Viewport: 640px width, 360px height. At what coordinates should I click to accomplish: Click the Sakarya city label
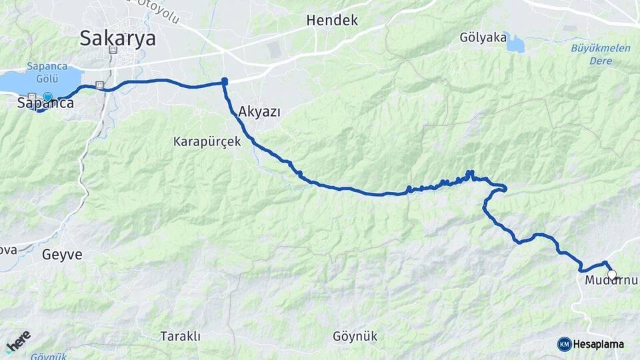point(118,38)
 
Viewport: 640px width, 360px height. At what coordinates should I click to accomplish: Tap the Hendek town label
point(332,21)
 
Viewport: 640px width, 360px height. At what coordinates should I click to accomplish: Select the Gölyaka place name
point(483,37)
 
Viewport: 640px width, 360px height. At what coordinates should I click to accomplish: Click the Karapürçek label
point(207,141)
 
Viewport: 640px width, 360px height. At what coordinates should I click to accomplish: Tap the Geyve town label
point(62,254)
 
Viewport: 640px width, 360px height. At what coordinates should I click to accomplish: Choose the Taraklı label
point(180,336)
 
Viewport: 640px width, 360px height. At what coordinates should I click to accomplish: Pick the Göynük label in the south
point(355,336)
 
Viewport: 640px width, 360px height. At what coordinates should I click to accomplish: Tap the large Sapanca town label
point(45,103)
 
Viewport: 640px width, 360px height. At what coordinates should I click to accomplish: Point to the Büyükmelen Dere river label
point(591,54)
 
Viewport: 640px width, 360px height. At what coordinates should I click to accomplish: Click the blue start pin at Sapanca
point(47,97)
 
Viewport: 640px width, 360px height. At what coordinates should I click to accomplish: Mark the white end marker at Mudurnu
point(612,274)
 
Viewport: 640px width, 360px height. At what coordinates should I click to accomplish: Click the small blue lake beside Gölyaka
point(515,43)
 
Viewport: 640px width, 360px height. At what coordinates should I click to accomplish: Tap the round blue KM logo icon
point(565,344)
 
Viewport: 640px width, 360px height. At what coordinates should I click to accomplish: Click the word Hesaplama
point(598,345)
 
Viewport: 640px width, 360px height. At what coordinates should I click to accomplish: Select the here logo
point(18,341)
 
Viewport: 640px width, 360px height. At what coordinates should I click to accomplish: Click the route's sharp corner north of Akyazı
point(225,82)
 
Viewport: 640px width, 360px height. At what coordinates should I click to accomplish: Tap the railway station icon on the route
point(99,85)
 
